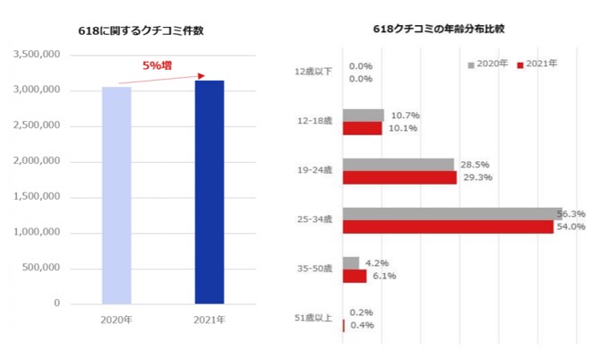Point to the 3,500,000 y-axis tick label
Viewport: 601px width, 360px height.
pyautogui.click(x=36, y=55)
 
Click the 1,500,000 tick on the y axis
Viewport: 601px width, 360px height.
pyautogui.click(x=36, y=197)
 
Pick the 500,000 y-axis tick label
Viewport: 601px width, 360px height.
pyautogui.click(x=41, y=268)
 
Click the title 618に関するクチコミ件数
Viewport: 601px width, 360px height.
pyautogui.click(x=140, y=30)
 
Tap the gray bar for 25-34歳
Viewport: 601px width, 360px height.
pyautogui.click(x=451, y=213)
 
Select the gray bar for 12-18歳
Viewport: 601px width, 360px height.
pyautogui.click(x=363, y=115)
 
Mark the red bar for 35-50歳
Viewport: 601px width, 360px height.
pyautogui.click(x=355, y=276)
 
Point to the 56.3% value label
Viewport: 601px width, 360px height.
pyautogui.click(x=571, y=213)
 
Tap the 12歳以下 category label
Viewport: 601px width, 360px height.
pyautogui.click(x=313, y=72)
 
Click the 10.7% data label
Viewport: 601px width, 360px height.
pyautogui.click(x=401, y=115)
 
